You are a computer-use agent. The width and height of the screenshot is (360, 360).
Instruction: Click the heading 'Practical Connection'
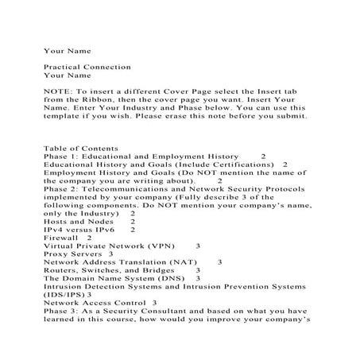[87, 67]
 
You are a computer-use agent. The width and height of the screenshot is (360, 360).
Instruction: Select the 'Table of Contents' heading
[81, 148]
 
